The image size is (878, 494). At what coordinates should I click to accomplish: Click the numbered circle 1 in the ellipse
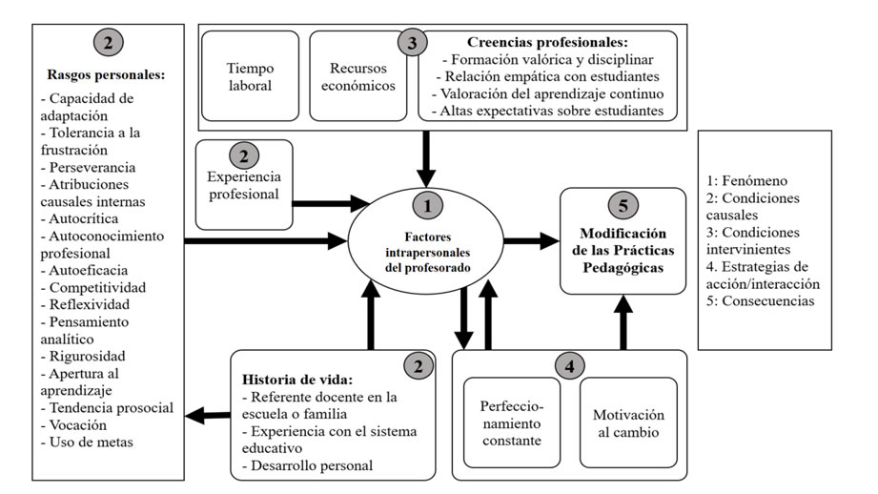tap(427, 206)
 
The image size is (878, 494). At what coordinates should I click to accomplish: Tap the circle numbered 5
tap(623, 206)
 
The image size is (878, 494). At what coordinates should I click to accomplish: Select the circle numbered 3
tap(412, 43)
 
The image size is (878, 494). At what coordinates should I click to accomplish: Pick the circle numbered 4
tap(569, 366)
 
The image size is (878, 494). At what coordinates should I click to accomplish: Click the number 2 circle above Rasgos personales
tap(108, 42)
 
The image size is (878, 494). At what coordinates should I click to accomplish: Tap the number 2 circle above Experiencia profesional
tap(244, 155)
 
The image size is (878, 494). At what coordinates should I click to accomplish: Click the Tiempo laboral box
tap(251, 76)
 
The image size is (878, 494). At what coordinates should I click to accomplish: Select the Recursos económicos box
tap(358, 76)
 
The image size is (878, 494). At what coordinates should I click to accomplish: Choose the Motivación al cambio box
tap(628, 422)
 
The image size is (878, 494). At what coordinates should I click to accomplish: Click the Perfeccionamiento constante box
tap(512, 422)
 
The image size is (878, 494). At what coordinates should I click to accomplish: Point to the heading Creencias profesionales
tap(547, 42)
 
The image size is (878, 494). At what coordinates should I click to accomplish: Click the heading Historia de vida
tap(297, 380)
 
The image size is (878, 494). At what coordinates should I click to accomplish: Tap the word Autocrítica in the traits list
tap(83, 218)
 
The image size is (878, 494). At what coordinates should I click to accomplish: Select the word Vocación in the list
tap(78, 424)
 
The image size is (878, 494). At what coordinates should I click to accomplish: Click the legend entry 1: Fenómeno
tap(746, 180)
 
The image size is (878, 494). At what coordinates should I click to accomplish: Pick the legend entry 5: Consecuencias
tap(760, 300)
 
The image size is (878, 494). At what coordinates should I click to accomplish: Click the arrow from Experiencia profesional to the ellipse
tap(331, 203)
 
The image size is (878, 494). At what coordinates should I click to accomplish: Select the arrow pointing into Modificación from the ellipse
tap(531, 241)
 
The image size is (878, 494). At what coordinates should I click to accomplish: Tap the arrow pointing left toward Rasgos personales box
tap(207, 416)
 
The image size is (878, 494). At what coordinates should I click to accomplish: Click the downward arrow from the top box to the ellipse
tap(426, 159)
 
